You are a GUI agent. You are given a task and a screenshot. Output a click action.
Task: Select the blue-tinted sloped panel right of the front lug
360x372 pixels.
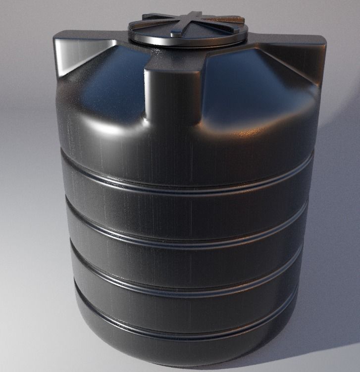pyautogui.click(x=248, y=84)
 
